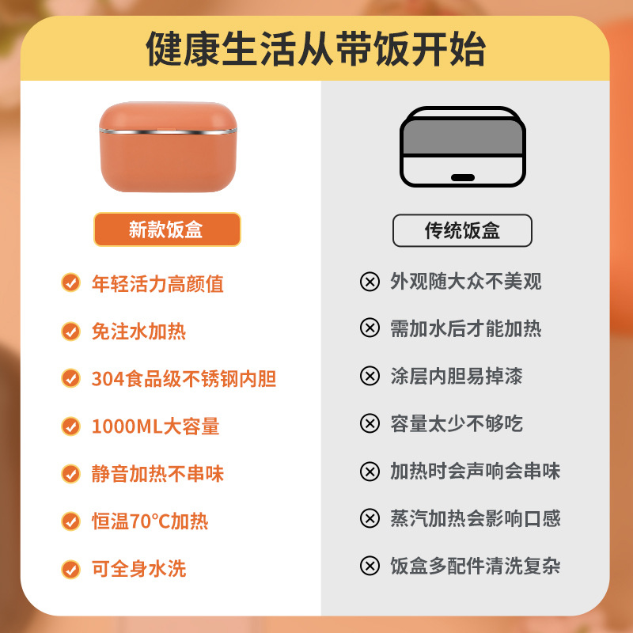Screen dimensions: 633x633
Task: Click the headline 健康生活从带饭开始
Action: (316, 48)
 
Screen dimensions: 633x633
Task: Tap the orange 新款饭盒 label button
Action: (166, 229)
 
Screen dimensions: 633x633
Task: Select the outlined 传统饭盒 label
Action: (462, 230)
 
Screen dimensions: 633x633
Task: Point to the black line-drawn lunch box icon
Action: (463, 146)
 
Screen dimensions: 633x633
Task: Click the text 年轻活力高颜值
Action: (157, 283)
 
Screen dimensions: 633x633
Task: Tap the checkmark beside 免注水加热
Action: (71, 331)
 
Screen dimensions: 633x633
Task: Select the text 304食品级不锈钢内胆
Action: (184, 379)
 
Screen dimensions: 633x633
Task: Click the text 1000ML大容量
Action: (155, 426)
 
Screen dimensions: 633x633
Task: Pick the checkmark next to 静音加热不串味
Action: (71, 474)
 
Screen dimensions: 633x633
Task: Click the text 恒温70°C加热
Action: (150, 521)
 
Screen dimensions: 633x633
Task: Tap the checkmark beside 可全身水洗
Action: (71, 568)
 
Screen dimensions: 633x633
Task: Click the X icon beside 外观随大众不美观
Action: (370, 282)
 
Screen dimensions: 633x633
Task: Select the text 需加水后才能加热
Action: (465, 328)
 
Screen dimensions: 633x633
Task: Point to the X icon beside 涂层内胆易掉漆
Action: (370, 376)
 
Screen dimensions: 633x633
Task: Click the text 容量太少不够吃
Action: (456, 423)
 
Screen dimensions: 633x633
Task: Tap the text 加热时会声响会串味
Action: (475, 471)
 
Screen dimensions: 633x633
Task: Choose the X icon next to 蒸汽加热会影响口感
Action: (370, 518)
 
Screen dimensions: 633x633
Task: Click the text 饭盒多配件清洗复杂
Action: (475, 566)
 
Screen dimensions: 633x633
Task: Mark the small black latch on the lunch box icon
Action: (463, 176)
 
